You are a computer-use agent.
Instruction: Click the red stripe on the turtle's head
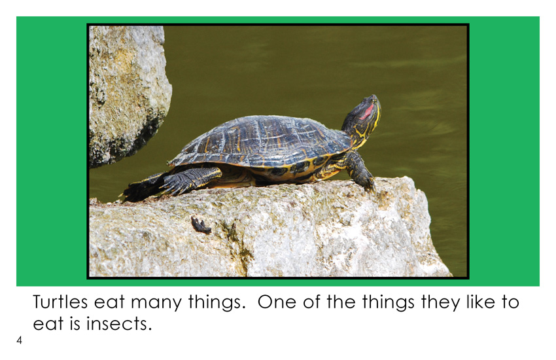click(x=367, y=111)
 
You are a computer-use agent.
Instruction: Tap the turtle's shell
click(x=259, y=140)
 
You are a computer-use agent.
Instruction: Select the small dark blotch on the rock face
click(x=201, y=225)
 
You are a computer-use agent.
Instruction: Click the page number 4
click(x=19, y=340)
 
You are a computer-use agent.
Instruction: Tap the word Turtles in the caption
click(x=60, y=302)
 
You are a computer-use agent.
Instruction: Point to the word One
click(x=276, y=302)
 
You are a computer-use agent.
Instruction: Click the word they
click(x=440, y=303)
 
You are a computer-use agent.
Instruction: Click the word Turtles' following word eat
click(x=109, y=303)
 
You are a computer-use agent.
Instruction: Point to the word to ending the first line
click(x=510, y=302)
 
